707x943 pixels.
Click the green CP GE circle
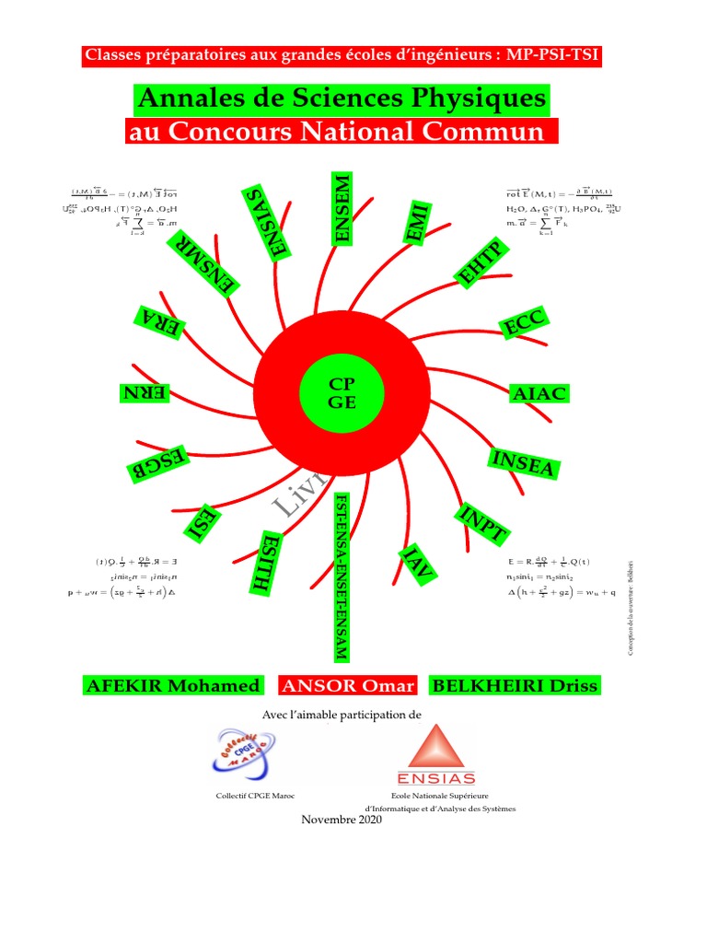[x=342, y=392]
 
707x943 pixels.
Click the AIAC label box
[x=539, y=394]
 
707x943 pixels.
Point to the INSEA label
[x=524, y=464]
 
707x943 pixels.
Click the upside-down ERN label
[x=145, y=393]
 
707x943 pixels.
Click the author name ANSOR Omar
[x=349, y=685]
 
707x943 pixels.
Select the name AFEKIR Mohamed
[x=172, y=685]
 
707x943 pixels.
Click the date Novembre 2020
[x=342, y=820]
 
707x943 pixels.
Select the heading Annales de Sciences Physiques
[x=341, y=99]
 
